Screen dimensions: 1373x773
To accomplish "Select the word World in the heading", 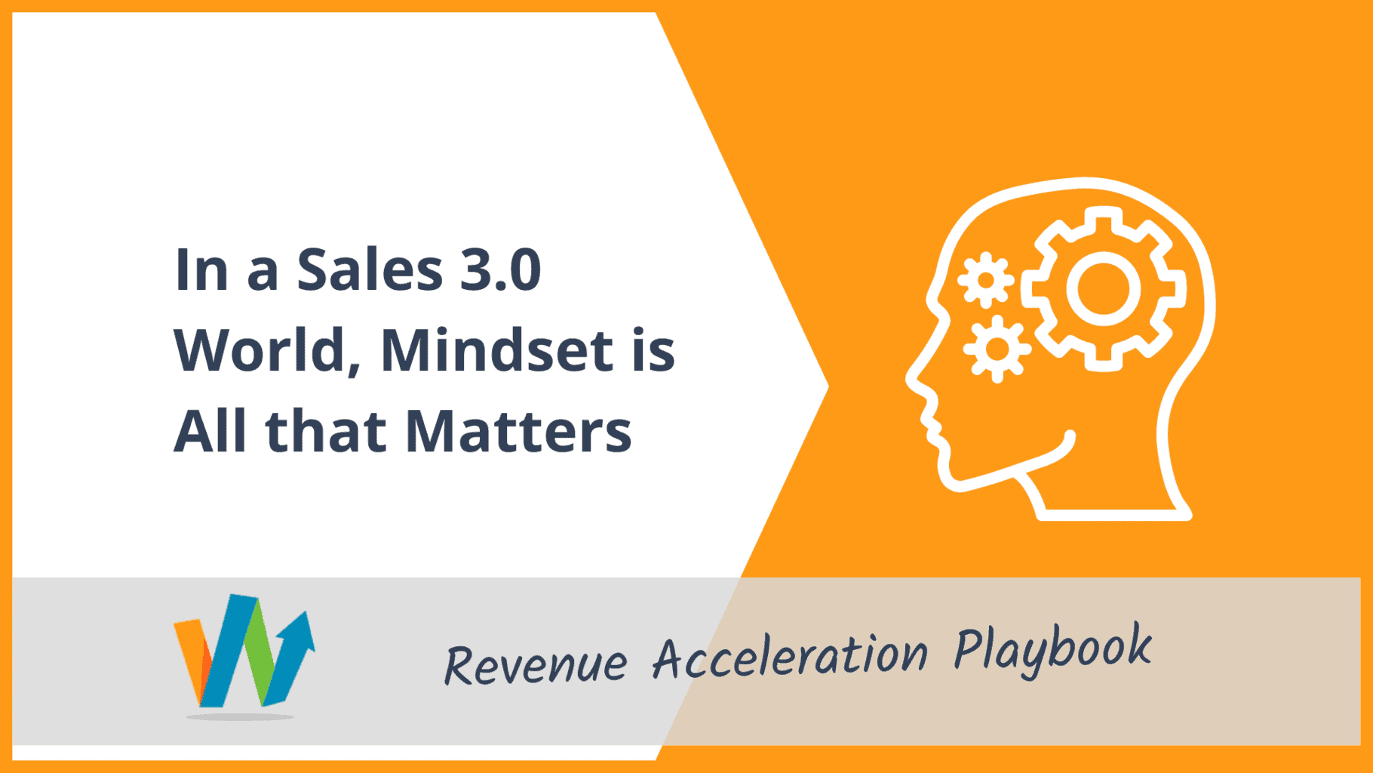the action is pos(266,350).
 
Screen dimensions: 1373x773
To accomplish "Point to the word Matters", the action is pos(518,431).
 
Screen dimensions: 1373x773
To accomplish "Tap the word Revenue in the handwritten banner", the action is pos(536,665).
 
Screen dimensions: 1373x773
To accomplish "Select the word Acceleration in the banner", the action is pos(790,654).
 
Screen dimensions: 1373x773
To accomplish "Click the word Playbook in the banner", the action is pos(1053,648).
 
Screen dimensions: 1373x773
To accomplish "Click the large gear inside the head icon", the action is pos(1103,288).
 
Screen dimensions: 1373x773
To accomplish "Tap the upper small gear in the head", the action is pos(985,280).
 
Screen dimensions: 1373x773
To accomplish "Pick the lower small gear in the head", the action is pos(997,349).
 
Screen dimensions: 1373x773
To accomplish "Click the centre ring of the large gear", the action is pos(1103,288).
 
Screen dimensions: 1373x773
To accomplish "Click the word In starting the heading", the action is pos(201,269).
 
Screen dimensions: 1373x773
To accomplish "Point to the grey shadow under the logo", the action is pos(240,716).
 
